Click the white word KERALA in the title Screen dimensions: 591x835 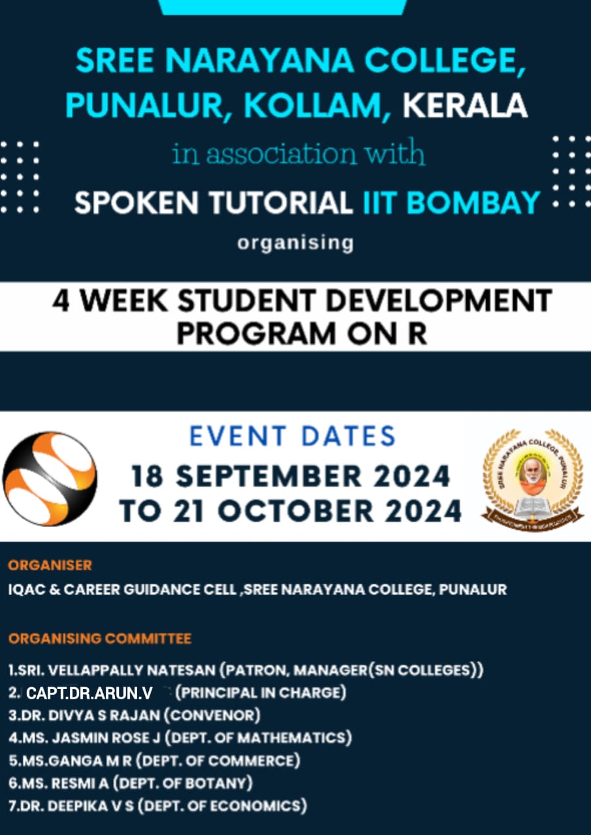465,106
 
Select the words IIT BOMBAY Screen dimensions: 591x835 451,202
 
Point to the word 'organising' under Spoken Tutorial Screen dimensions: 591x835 295,243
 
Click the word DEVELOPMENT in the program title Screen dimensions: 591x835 439,301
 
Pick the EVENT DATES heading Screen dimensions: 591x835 293,436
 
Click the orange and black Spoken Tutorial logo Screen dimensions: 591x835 50,479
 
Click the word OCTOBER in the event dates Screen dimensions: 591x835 295,511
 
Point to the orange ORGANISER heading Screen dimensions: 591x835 50,566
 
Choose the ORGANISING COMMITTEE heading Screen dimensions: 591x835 100,639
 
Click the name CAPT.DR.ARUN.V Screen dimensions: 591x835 89,693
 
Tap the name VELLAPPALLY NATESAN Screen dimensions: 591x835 132,670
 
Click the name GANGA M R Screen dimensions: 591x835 90,761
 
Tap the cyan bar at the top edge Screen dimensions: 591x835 283,7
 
